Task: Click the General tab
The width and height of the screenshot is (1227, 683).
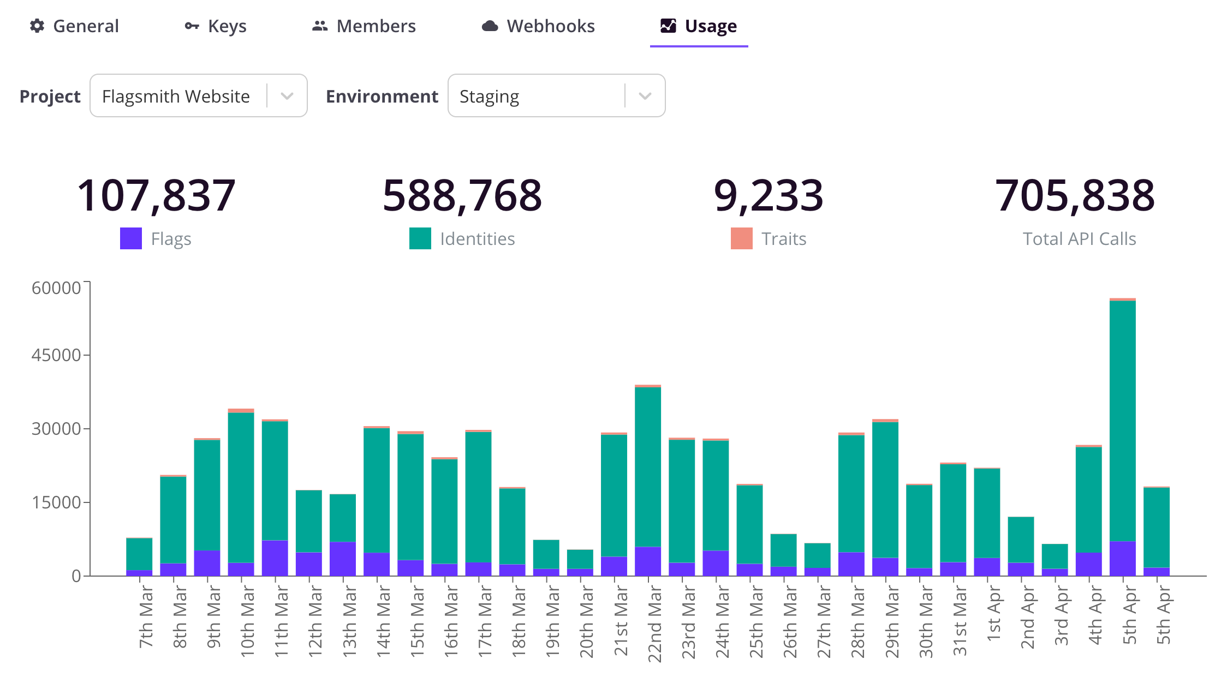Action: [75, 26]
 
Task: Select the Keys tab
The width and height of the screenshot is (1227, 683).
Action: [216, 26]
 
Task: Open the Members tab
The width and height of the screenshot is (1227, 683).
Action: [364, 26]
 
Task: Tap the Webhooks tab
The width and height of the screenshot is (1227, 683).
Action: [538, 26]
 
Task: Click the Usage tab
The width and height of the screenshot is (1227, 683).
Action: [699, 26]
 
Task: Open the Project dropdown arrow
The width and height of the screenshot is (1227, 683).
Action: [287, 96]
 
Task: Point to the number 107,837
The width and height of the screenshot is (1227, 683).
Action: [156, 195]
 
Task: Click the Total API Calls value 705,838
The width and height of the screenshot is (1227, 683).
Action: [1075, 195]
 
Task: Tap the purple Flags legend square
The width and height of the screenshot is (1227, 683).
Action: [131, 238]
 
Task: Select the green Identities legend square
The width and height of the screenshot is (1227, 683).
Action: [420, 238]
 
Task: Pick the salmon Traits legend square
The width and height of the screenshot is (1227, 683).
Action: [742, 238]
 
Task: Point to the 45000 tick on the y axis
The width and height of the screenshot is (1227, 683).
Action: [56, 355]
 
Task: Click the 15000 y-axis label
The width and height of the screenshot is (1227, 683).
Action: [56, 502]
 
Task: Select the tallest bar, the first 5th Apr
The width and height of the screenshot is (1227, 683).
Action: [1122, 436]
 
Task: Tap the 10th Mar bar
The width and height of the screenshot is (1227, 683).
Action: [241, 491]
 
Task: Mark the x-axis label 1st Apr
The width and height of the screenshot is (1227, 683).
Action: [993, 614]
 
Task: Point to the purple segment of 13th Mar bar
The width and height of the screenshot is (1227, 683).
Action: [343, 559]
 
